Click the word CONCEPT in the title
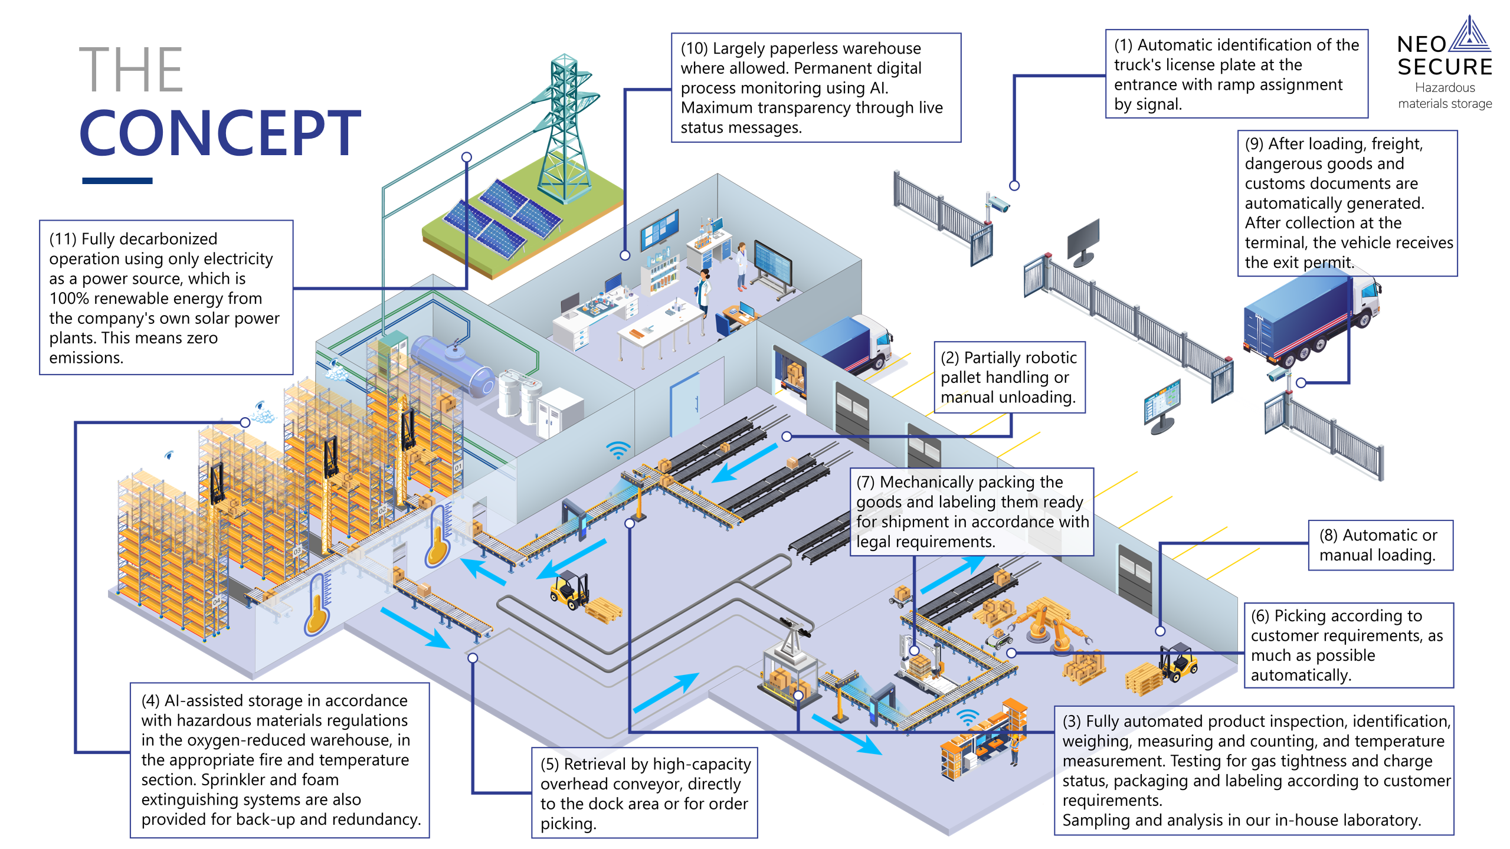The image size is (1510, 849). [x=220, y=134]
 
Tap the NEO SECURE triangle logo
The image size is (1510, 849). [x=1470, y=35]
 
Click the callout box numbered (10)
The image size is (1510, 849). [x=815, y=88]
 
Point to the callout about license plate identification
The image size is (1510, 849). [x=1236, y=74]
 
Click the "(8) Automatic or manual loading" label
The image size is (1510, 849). [x=1380, y=545]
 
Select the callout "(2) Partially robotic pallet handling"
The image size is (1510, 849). [x=1008, y=377]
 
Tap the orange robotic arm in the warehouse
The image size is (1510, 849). [x=1050, y=625]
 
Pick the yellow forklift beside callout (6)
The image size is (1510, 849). [x=1177, y=664]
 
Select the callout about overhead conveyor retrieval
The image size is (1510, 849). [x=644, y=792]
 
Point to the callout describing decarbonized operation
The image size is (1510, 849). [x=166, y=297]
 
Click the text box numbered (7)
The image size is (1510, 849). [x=971, y=512]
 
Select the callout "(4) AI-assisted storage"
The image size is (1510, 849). [x=280, y=759]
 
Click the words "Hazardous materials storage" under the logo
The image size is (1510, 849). [x=1445, y=96]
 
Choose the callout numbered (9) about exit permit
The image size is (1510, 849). [x=1347, y=203]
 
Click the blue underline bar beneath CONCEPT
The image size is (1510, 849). [x=117, y=181]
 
